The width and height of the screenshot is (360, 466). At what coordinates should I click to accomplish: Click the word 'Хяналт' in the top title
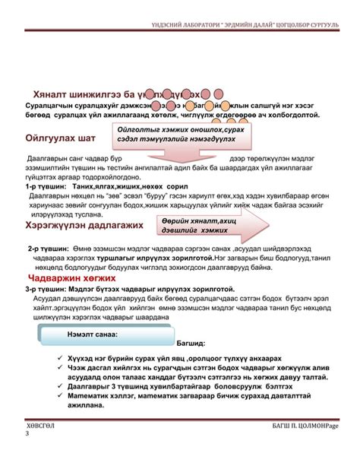click(52, 94)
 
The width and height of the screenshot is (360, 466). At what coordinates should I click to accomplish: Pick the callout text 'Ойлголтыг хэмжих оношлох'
click(180, 131)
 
